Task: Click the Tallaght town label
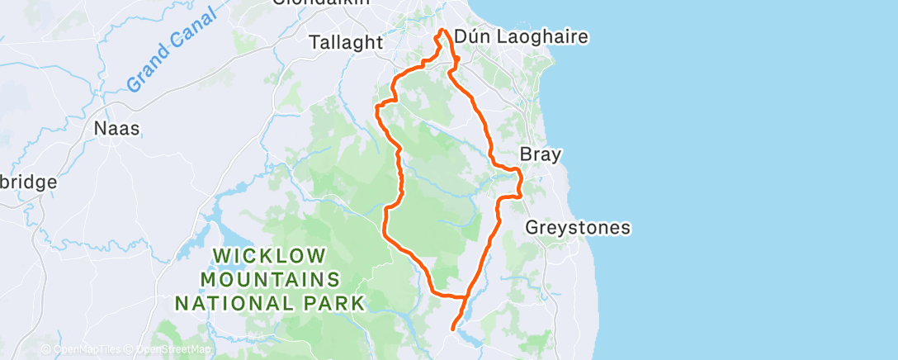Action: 347,41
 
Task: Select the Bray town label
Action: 541,154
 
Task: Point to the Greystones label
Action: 578,227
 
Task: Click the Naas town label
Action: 116,129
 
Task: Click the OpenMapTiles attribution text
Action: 83,349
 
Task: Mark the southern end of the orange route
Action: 452,329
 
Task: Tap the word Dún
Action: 473,37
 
